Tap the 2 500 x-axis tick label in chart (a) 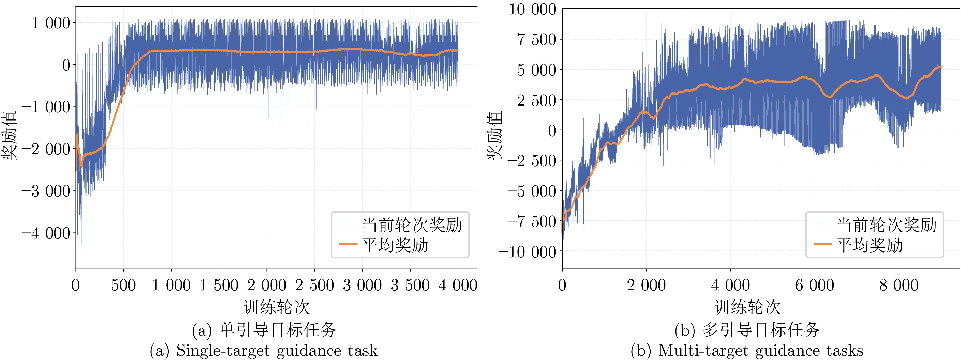click(314, 286)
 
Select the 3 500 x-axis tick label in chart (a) click(410, 286)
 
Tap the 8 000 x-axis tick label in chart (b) click(899, 286)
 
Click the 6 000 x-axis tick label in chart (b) click(814, 286)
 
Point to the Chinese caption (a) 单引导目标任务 click(264, 330)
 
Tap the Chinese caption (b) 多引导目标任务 click(747, 330)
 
